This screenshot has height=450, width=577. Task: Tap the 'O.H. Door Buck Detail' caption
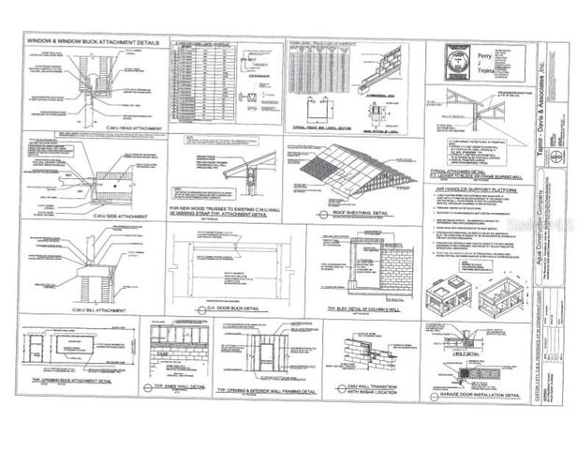point(223,307)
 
